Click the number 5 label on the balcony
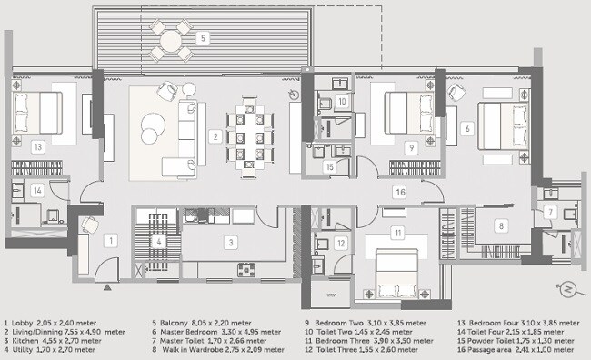point(205,37)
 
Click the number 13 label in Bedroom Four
point(36,145)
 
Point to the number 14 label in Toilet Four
point(36,190)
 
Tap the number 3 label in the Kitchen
point(231,242)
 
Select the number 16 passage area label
point(399,191)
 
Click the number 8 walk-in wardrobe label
point(499,225)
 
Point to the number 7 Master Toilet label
point(552,212)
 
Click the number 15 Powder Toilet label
point(329,167)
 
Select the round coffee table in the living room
point(151,128)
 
